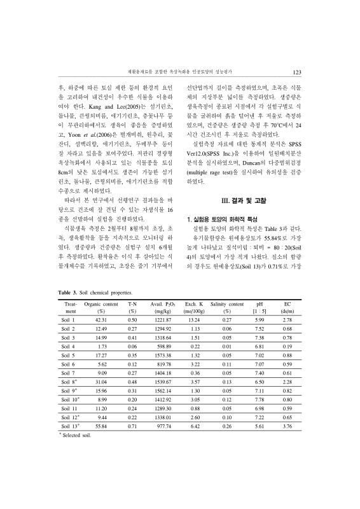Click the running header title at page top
click(x=180, y=72)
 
